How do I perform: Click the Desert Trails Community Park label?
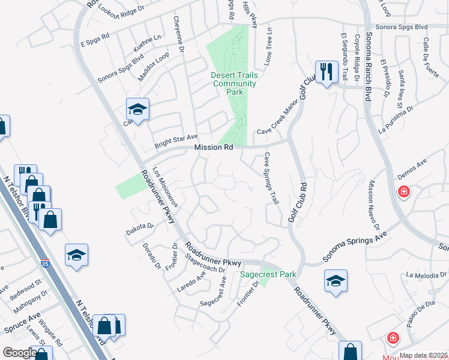[235, 83]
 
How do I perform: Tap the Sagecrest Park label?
[268, 274]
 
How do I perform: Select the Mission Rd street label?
[213, 148]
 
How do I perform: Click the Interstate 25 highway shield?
[46, 263]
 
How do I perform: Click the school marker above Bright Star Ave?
[137, 110]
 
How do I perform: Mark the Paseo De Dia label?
[420, 314]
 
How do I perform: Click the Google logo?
[19, 353]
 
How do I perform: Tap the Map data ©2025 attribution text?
[423, 355]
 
